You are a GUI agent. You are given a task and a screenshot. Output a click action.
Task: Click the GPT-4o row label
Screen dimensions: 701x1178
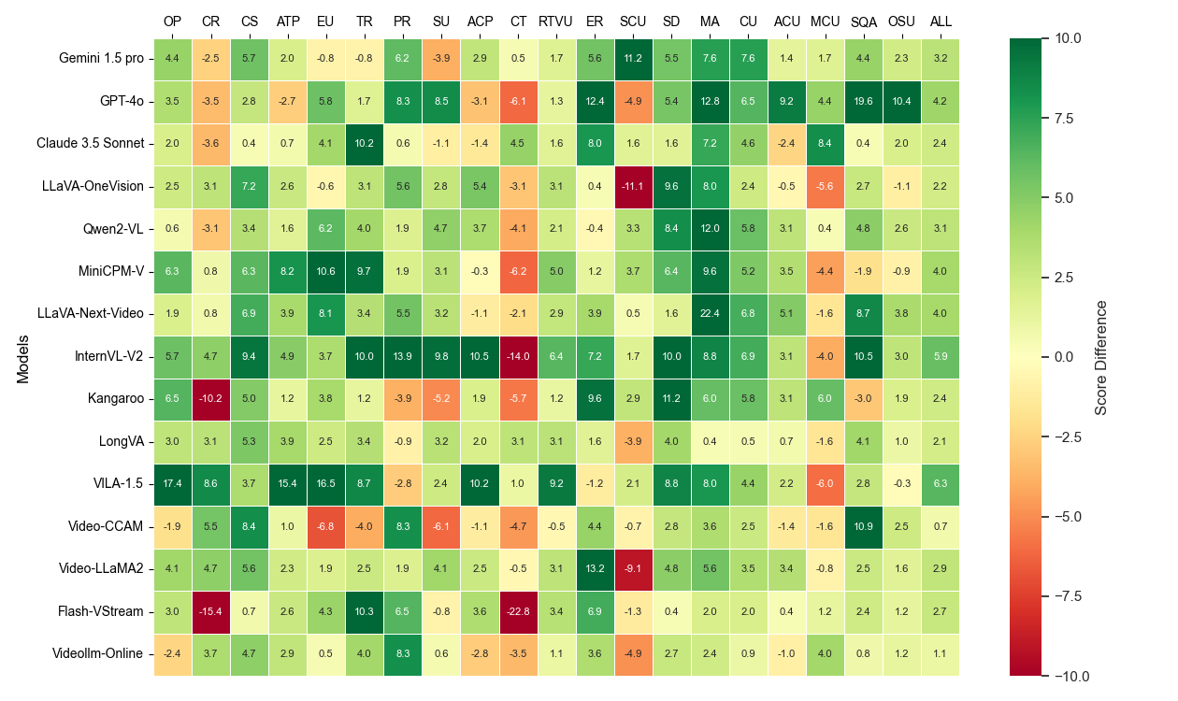pos(122,101)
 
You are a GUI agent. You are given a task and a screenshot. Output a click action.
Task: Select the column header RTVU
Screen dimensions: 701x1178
pos(556,21)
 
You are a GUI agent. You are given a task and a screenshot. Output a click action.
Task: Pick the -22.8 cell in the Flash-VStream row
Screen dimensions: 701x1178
pos(518,611)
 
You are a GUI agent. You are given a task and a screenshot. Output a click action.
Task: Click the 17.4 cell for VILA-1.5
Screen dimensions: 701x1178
pos(172,484)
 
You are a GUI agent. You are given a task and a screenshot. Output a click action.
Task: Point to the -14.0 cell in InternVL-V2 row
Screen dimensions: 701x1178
pos(518,356)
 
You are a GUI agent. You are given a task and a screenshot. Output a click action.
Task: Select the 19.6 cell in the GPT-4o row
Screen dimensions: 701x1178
pos(863,101)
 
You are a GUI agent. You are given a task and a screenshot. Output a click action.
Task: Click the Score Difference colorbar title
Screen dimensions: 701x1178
pos(1100,357)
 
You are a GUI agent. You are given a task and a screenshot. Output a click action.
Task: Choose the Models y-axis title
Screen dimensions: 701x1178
pos(22,357)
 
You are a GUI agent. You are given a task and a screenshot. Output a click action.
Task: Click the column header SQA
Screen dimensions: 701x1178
pos(863,21)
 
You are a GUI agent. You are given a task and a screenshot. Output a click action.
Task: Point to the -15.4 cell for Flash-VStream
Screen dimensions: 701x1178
pos(210,611)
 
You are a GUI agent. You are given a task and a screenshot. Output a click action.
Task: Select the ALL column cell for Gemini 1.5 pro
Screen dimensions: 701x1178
pos(940,58)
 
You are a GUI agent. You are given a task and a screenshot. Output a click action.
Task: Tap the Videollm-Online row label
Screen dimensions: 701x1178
pos(97,654)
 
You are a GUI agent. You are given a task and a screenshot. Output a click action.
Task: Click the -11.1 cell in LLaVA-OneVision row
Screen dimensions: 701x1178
pos(633,186)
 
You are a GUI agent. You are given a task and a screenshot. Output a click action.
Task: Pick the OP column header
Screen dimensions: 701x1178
pos(172,21)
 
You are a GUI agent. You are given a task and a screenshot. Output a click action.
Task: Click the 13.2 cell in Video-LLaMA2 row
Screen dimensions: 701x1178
pos(595,569)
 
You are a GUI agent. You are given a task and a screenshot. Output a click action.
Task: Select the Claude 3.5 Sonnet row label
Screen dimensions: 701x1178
pos(91,143)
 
